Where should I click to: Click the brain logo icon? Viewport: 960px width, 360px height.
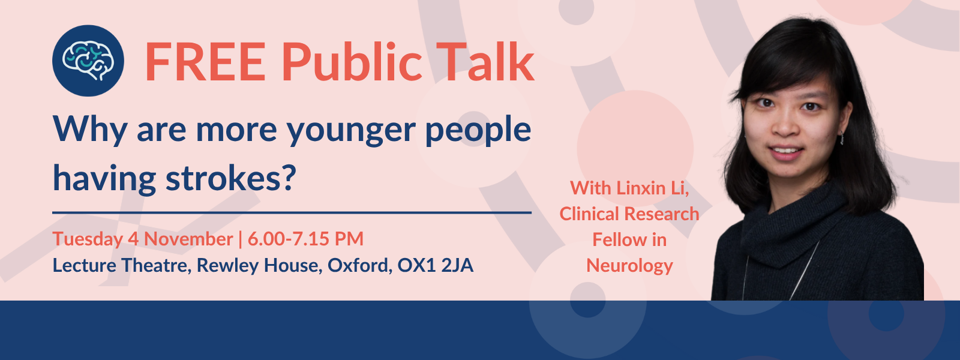88,61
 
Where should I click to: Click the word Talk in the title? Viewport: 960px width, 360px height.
485,62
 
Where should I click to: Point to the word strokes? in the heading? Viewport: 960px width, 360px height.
230,178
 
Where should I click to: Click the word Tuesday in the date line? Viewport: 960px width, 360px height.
88,239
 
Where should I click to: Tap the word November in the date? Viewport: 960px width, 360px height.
188,239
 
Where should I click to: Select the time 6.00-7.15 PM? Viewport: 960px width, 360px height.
305,239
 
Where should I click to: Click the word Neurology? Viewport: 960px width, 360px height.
629,265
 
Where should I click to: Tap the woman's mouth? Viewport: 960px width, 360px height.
786,151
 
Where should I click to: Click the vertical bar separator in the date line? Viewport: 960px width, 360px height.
240,239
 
